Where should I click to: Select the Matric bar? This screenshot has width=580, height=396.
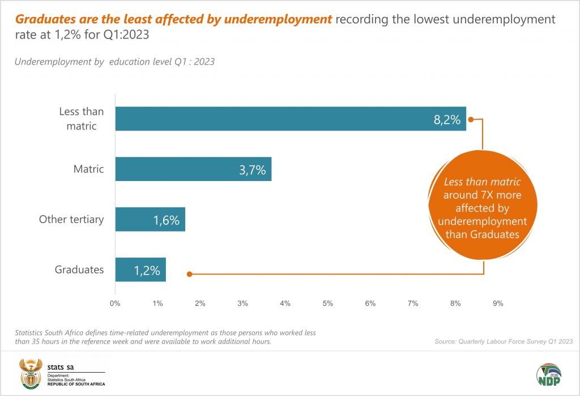tap(193, 169)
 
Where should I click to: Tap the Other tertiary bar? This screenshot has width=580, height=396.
tap(150, 220)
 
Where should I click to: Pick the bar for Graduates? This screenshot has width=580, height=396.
tap(140, 270)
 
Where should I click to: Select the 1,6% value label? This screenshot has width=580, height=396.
tap(166, 220)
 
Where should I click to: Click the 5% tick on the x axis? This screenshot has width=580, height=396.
tap(327, 304)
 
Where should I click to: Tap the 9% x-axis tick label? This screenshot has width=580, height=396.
tap(498, 304)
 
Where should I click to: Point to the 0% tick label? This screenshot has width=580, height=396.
tap(115, 304)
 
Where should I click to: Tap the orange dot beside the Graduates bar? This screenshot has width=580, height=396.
tap(190, 274)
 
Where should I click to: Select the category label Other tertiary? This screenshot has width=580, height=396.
tap(71, 220)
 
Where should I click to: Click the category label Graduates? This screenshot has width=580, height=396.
tap(79, 270)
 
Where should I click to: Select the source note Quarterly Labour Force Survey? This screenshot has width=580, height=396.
tap(504, 342)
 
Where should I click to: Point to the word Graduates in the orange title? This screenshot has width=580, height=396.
tap(44, 19)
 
